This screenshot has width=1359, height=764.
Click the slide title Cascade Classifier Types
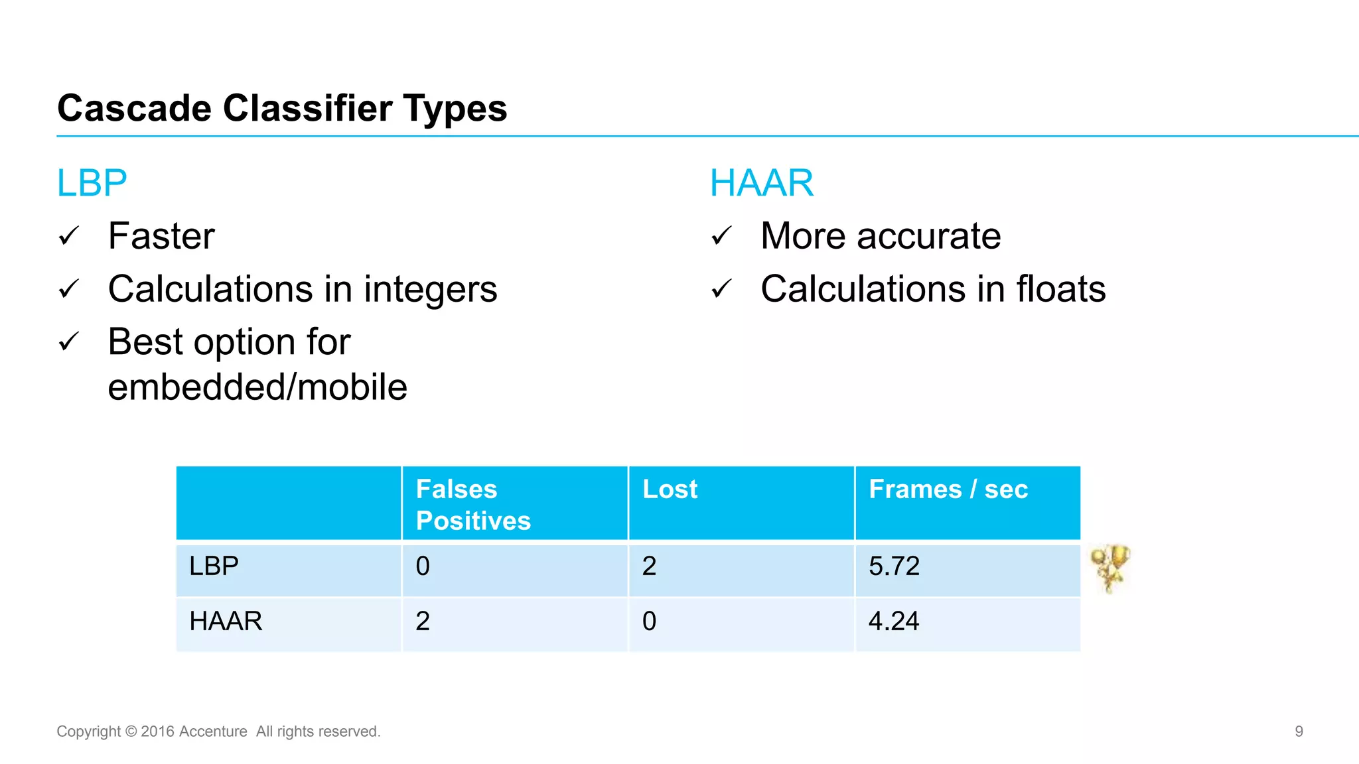282,108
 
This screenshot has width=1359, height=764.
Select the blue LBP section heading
92,183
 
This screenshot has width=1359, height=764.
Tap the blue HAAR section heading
761,183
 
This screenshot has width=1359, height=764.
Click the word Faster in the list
161,236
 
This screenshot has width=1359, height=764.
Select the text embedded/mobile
257,387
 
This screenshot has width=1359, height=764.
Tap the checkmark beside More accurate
721,236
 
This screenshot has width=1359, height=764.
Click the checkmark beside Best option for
69,342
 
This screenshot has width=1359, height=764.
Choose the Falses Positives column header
472,505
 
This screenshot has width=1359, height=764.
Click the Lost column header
670,489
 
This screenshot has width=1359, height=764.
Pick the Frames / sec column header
948,489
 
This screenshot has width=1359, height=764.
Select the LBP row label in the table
214,566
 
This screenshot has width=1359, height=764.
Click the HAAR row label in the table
226,621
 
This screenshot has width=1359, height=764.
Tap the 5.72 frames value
894,566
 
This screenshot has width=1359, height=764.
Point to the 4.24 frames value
893,621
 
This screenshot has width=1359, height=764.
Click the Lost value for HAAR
649,621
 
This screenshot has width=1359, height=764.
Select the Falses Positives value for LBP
423,566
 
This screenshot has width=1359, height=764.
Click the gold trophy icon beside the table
1110,568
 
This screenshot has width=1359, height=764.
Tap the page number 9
1299,732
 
